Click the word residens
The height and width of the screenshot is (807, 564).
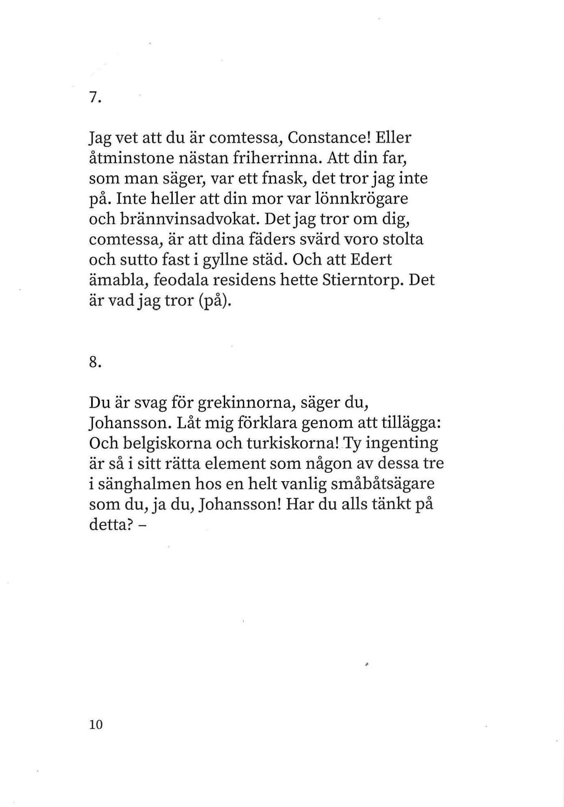[244, 281]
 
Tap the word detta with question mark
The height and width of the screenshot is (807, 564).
[112, 525]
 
